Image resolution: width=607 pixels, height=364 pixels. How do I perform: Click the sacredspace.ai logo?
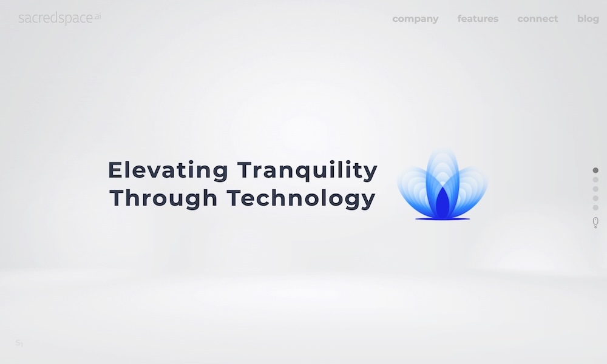(59, 18)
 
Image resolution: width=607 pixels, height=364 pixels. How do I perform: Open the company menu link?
(415, 19)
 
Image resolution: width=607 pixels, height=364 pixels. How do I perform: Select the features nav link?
(478, 19)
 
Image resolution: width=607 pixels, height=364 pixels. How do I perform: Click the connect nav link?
(538, 19)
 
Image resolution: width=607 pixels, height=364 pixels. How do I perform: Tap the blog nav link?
(588, 19)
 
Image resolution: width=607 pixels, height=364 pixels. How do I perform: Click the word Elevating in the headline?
(168, 170)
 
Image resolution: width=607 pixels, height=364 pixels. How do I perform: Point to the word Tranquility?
(307, 170)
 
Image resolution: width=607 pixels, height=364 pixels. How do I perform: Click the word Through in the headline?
(163, 198)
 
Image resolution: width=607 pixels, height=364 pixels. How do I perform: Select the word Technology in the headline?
(301, 198)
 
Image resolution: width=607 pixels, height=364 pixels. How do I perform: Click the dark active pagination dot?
(595, 170)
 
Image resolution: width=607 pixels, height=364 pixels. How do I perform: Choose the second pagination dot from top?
(595, 180)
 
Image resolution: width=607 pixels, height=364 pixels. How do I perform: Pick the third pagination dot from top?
(595, 189)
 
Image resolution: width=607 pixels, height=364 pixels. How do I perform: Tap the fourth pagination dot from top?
(595, 198)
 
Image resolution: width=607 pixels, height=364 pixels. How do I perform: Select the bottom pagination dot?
(595, 207)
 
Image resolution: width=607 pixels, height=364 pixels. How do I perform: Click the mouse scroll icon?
(595, 223)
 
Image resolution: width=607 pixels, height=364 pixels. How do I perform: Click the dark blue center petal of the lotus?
(443, 204)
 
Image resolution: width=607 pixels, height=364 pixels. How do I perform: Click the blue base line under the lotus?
(443, 220)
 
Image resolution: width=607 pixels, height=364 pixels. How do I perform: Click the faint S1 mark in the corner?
(19, 343)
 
